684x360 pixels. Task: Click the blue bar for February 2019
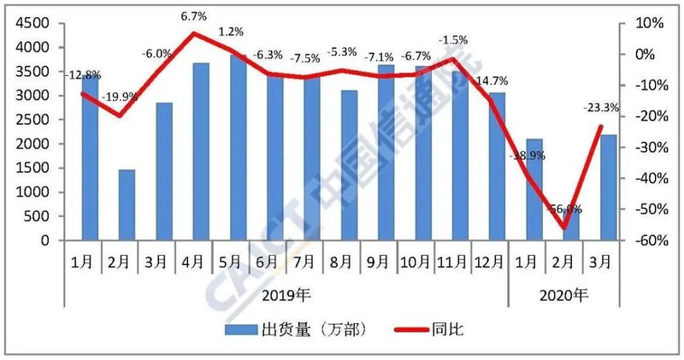(x=127, y=205)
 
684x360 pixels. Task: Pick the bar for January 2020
(x=534, y=189)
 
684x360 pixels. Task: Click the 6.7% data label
(x=194, y=16)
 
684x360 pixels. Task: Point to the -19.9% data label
(x=119, y=97)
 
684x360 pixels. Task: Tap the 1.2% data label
(x=231, y=32)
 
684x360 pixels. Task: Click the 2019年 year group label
(x=286, y=295)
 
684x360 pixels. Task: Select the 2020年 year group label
(x=565, y=295)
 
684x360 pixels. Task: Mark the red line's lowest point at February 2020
(x=564, y=227)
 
